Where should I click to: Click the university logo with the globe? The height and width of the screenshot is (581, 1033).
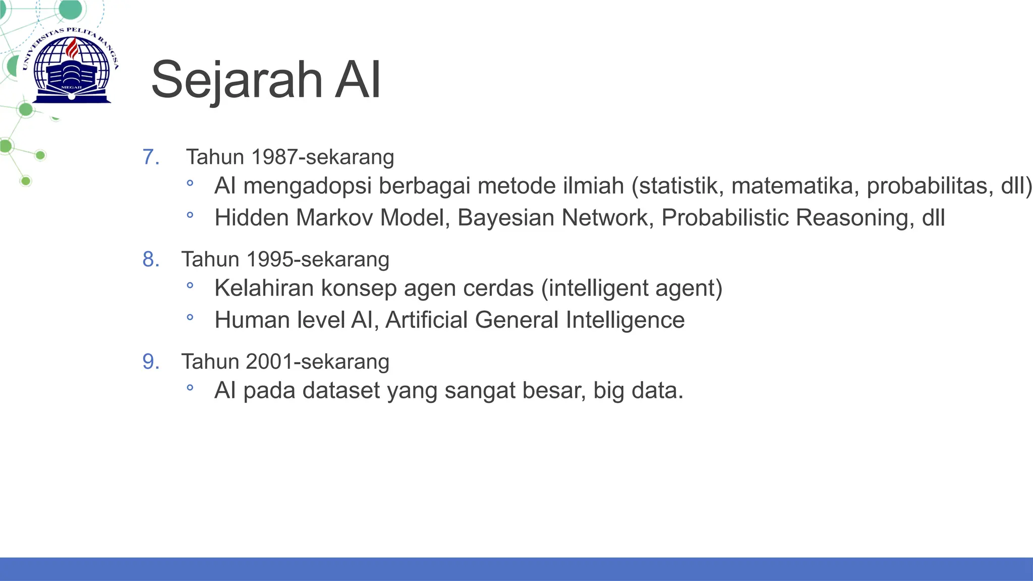(x=71, y=66)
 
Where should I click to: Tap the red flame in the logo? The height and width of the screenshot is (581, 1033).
(x=73, y=49)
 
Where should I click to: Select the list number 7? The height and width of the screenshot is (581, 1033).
(x=151, y=157)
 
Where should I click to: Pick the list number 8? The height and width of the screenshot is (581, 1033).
(x=151, y=259)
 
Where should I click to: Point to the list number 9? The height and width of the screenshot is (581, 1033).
(x=151, y=362)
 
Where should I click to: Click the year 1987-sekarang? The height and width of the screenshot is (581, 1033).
(x=322, y=157)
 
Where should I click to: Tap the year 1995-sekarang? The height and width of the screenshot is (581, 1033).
(x=318, y=259)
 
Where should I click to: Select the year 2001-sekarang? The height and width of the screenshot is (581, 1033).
(x=318, y=362)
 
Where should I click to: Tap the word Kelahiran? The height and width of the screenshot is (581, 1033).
(x=264, y=288)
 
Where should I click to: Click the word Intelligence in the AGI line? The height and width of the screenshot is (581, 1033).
(x=625, y=320)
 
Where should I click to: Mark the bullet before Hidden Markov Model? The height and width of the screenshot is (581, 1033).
(x=190, y=215)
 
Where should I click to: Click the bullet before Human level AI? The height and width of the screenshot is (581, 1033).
(x=190, y=318)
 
